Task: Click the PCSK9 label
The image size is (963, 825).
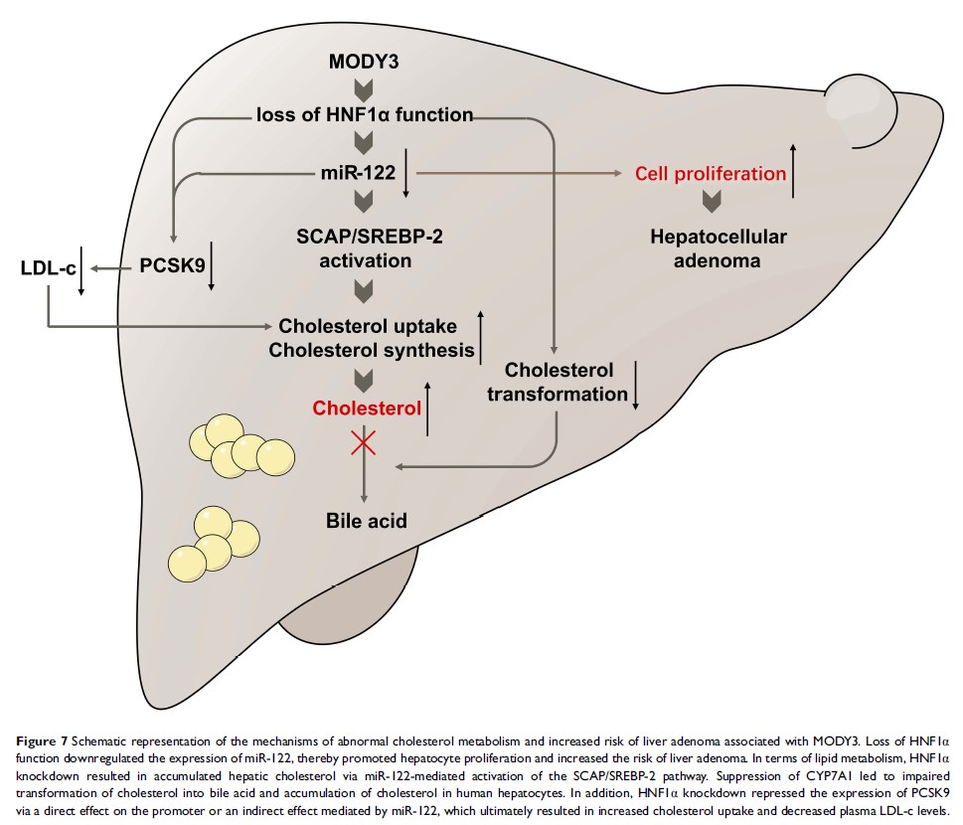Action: tap(166, 267)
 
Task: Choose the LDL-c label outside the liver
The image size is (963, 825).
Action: tap(47, 267)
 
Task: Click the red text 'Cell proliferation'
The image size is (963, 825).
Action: tap(711, 174)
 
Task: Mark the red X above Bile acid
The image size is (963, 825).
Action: tap(365, 444)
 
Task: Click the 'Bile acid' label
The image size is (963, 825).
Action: tap(367, 520)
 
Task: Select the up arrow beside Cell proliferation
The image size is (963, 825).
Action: tap(793, 167)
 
